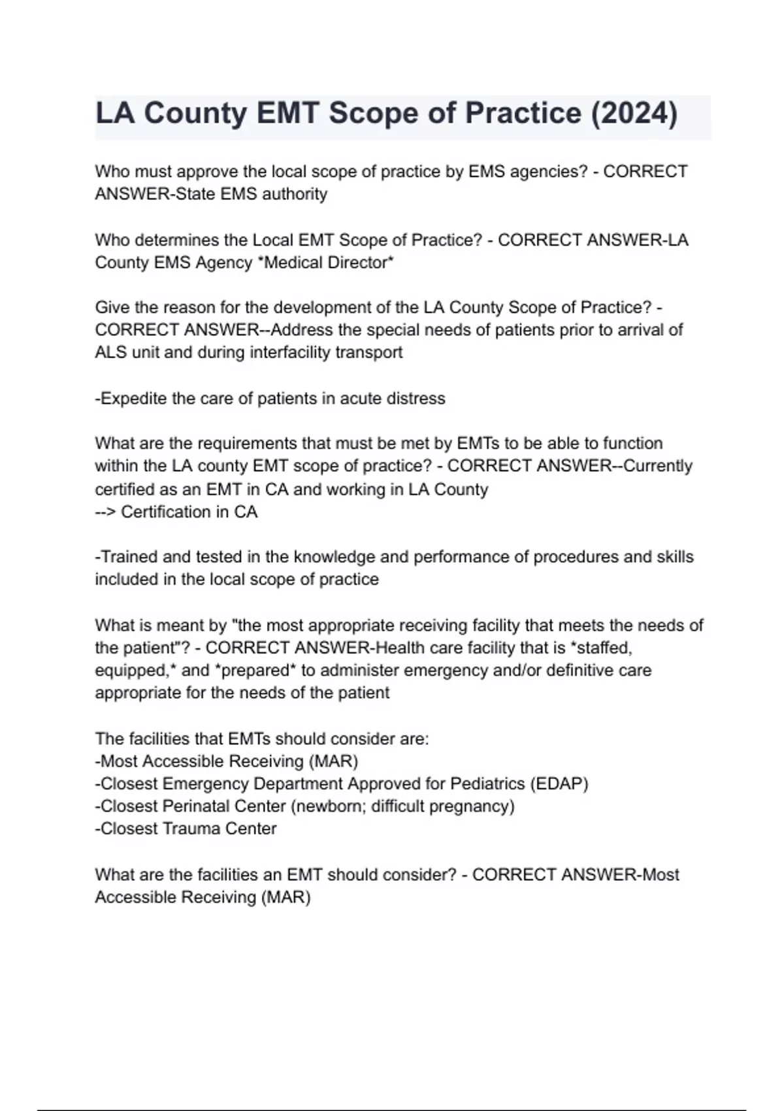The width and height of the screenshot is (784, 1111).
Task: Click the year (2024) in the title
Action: [x=634, y=113]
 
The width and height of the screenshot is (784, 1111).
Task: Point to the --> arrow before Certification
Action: [x=105, y=512]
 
